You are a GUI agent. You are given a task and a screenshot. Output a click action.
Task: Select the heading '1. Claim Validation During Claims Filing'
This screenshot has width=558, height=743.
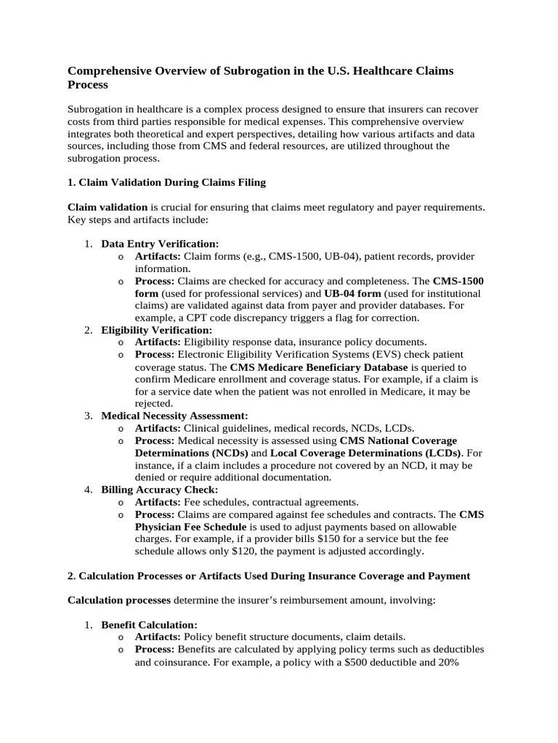click(x=171, y=181)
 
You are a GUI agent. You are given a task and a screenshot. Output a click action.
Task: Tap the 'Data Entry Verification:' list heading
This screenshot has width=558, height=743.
click(x=160, y=244)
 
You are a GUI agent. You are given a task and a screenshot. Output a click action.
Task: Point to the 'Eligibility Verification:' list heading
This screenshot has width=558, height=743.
click(x=157, y=330)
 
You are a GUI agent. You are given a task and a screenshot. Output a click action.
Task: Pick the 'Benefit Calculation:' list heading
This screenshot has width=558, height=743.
click(x=149, y=624)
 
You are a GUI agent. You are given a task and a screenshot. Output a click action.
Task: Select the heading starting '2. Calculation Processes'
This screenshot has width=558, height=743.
click(x=269, y=575)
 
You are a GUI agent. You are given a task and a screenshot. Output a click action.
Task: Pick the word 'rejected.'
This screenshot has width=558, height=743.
click(x=154, y=403)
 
